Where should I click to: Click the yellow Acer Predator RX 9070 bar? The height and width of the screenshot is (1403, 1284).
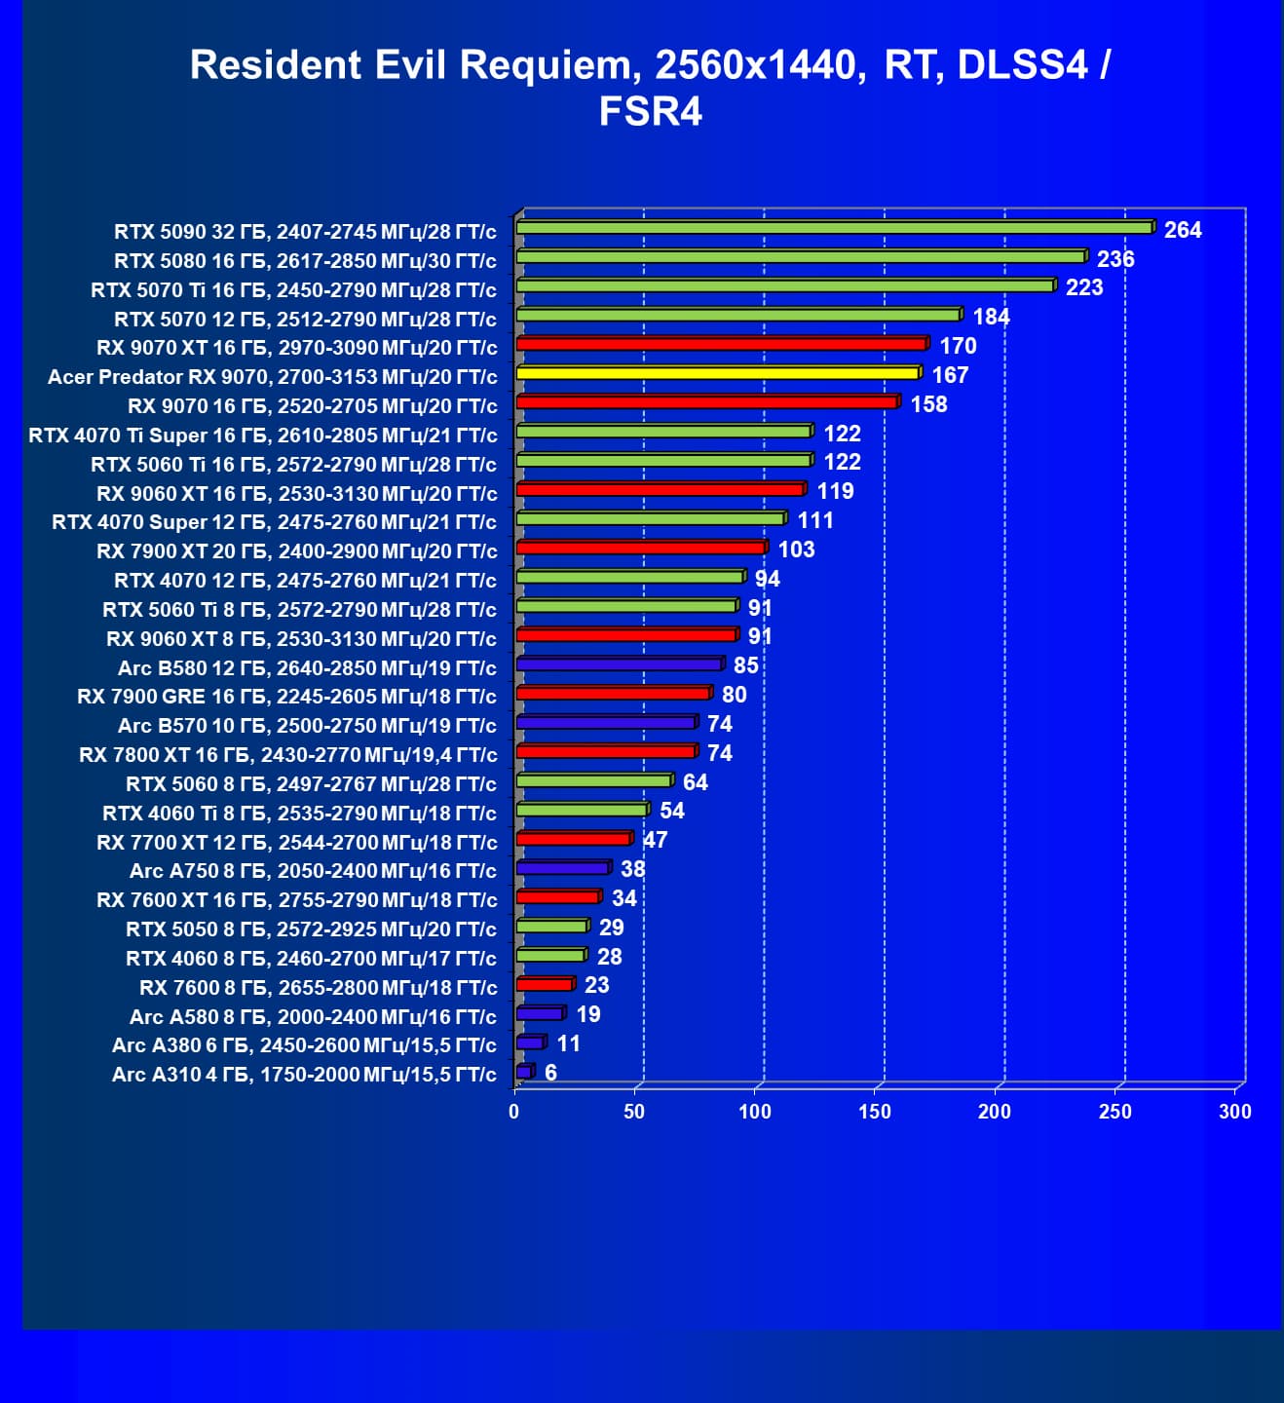718,373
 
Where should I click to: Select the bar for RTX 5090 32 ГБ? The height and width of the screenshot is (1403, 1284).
835,228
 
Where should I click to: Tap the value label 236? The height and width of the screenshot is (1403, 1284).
1115,259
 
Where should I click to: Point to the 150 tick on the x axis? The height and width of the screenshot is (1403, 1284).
874,1112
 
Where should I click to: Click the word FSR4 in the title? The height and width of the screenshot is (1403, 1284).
650,111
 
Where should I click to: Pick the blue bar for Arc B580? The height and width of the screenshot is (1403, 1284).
620,664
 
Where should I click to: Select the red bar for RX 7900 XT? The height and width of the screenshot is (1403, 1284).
641,548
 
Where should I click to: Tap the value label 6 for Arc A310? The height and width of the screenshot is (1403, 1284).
550,1073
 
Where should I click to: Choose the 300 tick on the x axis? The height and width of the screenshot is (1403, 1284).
1234,1112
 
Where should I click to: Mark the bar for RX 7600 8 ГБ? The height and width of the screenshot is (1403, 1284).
545,984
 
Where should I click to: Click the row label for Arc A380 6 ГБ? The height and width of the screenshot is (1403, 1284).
304,1045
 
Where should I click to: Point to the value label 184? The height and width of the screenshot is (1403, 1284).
991,317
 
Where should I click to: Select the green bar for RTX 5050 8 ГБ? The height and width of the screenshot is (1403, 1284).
552,926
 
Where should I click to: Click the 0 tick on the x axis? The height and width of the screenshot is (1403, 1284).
514,1112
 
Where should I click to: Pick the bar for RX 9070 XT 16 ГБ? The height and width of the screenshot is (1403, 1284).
721,344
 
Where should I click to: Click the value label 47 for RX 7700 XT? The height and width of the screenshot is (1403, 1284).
656,840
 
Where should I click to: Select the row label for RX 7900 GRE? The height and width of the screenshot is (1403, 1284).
287,697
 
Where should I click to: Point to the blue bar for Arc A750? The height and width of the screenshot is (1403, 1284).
563,868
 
